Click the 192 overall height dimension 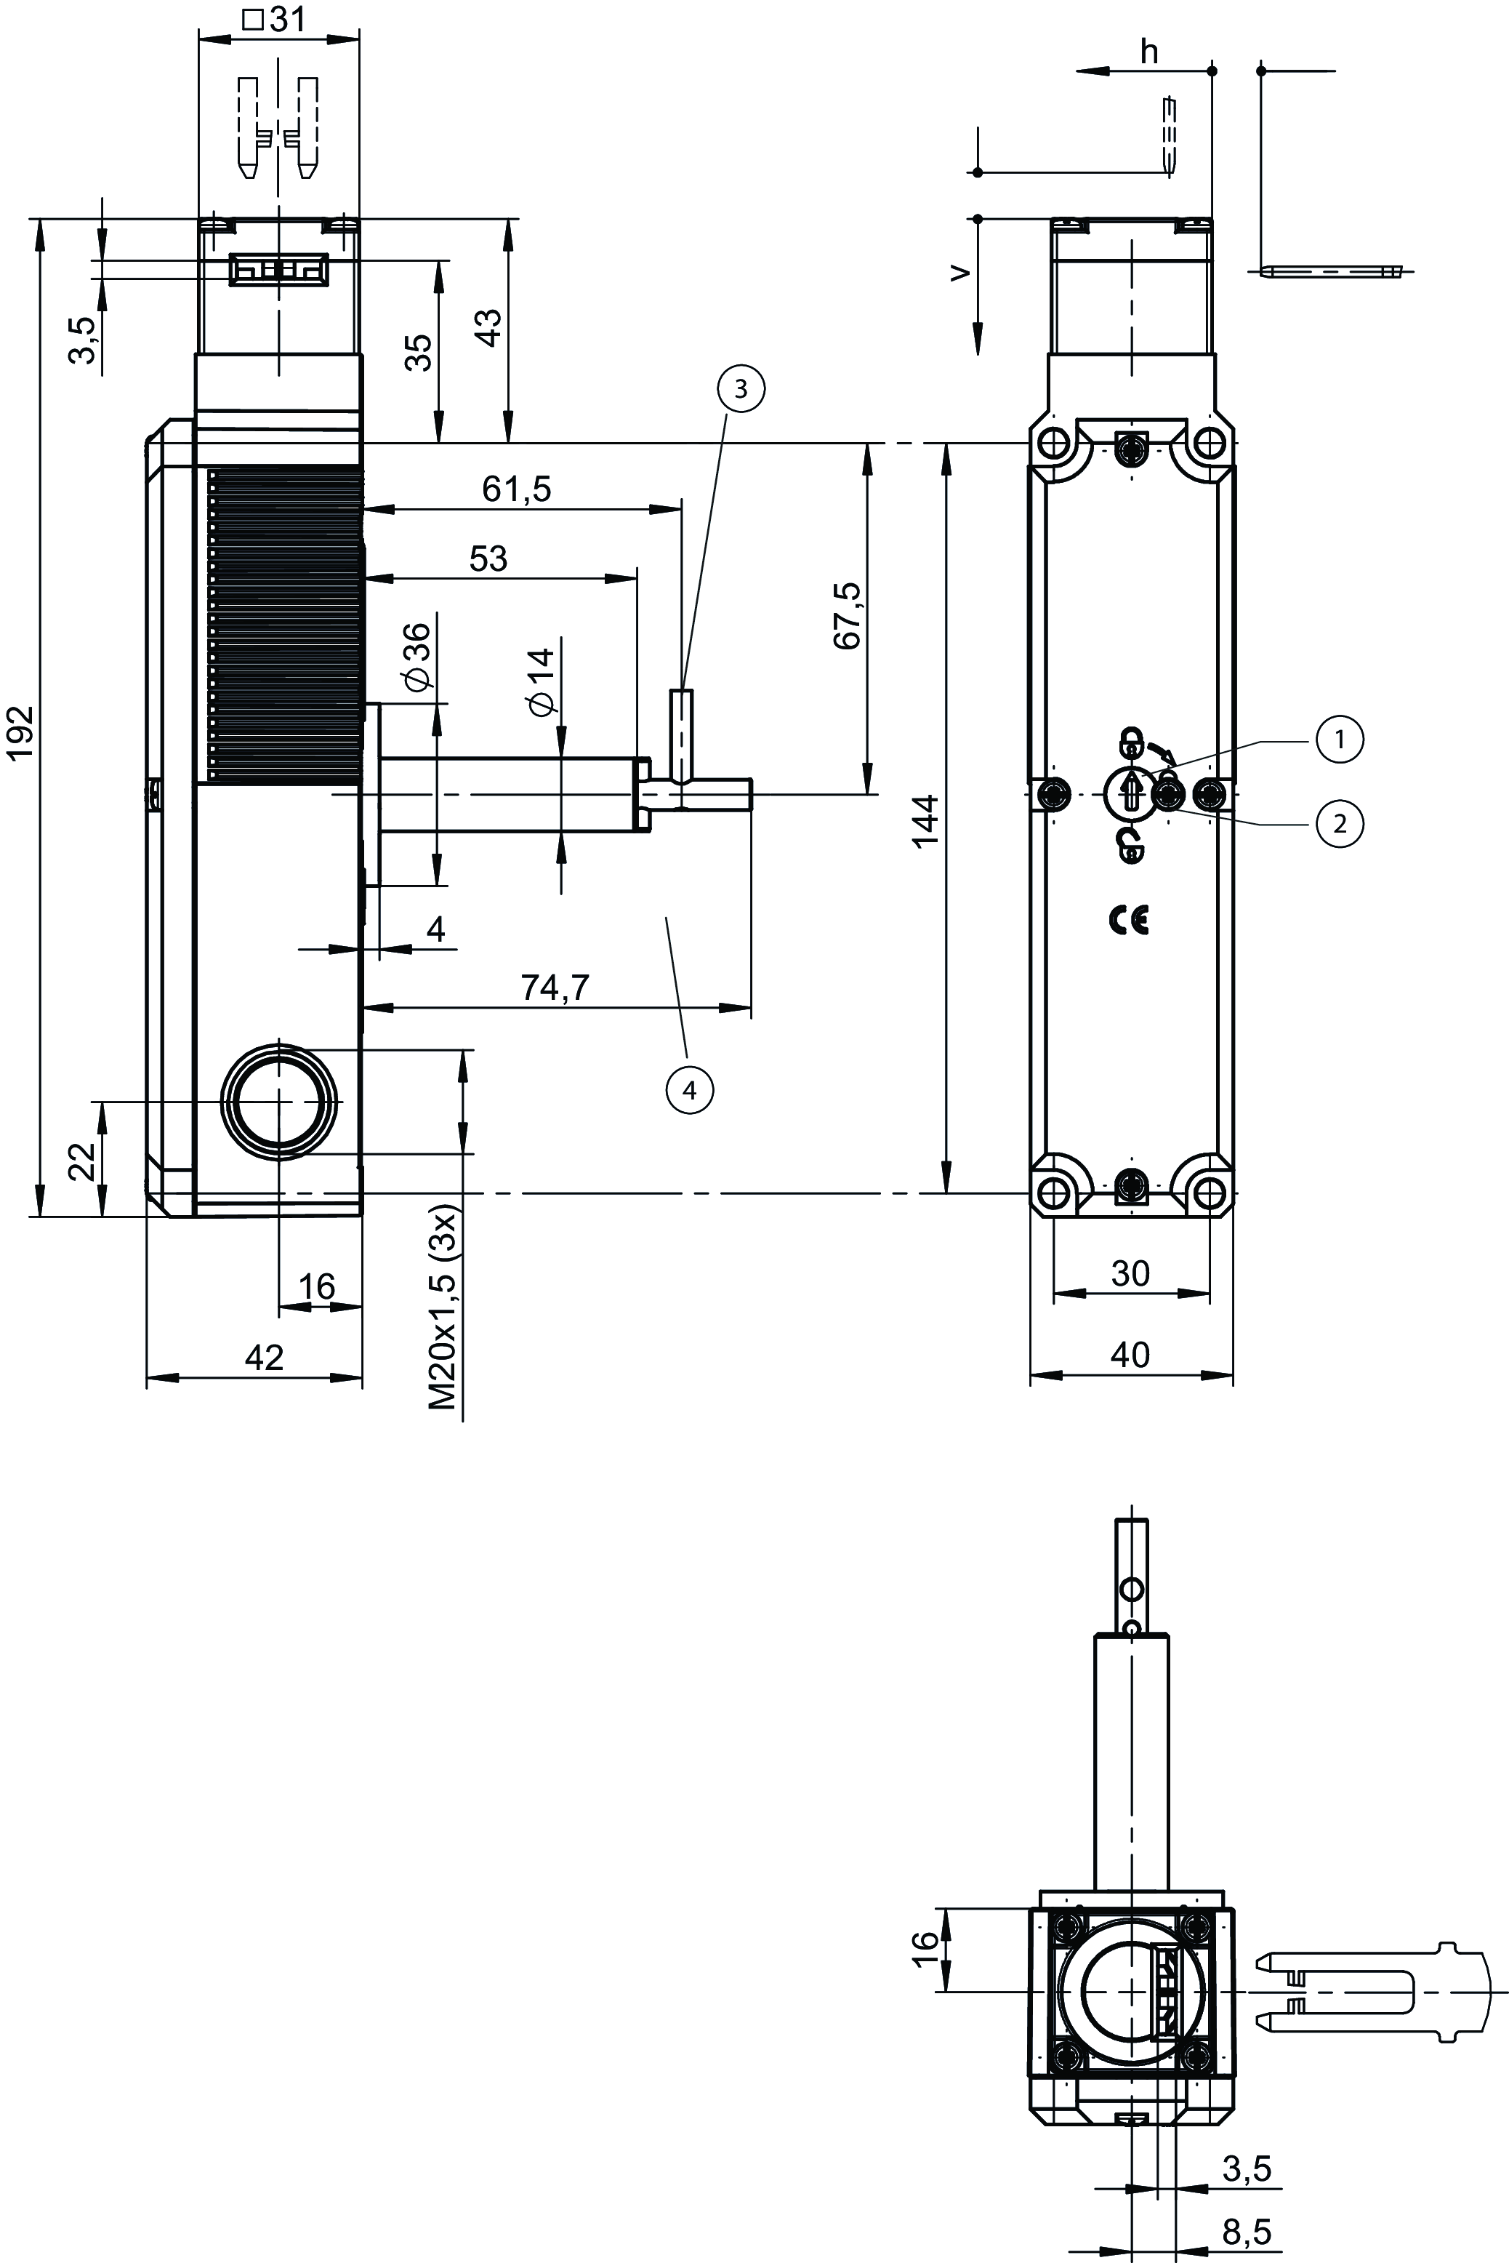21,732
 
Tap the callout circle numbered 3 740,389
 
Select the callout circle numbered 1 1340,740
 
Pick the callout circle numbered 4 689,1091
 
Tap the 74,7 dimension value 555,988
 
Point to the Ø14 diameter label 542,681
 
